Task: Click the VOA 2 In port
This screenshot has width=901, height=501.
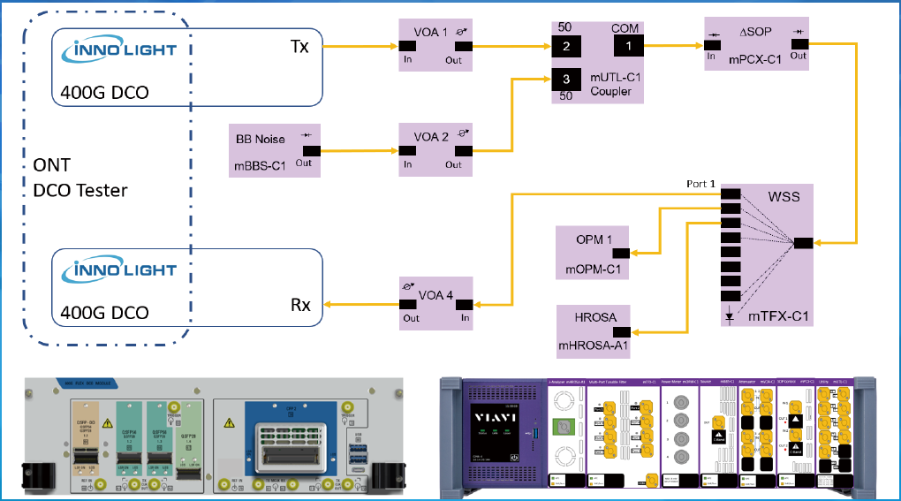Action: coord(408,150)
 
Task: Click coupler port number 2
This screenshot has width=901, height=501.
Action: coord(567,45)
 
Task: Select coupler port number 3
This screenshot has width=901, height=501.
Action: coord(567,80)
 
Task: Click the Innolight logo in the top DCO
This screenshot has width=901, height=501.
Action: coord(121,49)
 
